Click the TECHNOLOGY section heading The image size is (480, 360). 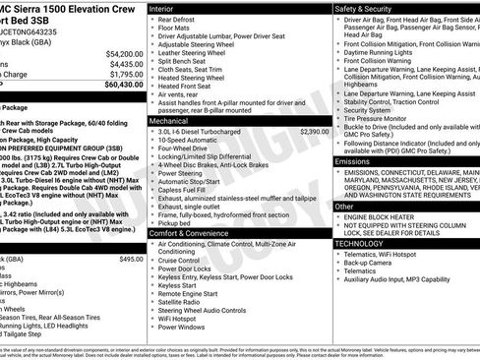361,242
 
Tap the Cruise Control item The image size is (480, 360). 184,262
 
